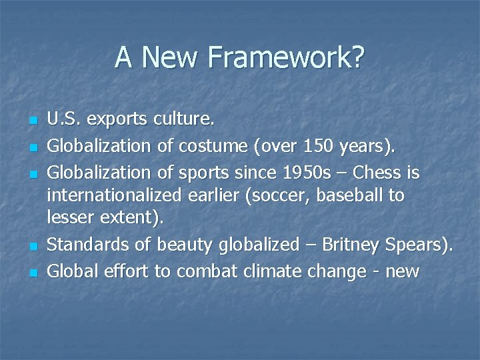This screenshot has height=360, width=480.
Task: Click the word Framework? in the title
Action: [x=287, y=57]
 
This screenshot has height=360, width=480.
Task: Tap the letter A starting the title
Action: [x=123, y=57]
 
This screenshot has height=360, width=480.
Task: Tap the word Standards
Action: [x=89, y=245]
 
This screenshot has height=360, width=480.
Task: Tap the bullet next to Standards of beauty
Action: [x=33, y=247]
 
